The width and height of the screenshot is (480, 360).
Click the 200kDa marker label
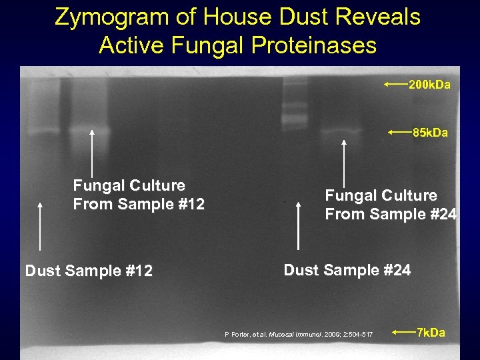click(x=429, y=85)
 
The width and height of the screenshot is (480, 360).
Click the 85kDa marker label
click(x=430, y=133)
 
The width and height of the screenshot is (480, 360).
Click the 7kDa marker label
click(x=431, y=332)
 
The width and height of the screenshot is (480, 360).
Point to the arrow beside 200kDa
click(x=395, y=85)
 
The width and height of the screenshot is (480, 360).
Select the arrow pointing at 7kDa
click(x=403, y=331)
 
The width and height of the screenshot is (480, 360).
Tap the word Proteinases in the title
click(x=311, y=45)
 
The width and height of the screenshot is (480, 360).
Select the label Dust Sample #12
click(x=89, y=271)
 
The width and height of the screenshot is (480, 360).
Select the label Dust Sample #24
click(x=347, y=270)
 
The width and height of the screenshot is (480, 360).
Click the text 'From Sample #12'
click(x=139, y=204)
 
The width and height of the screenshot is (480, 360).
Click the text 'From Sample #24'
click(x=391, y=214)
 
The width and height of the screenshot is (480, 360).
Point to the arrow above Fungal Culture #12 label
click(x=91, y=153)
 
